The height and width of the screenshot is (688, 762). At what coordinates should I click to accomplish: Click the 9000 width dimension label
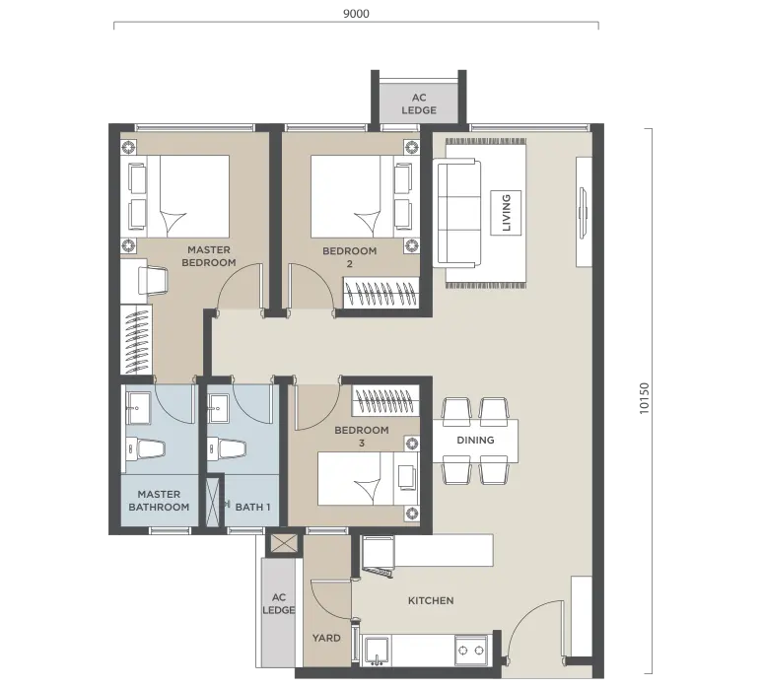pyautogui.click(x=356, y=14)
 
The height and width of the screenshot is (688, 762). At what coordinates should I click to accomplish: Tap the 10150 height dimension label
pyautogui.click(x=644, y=398)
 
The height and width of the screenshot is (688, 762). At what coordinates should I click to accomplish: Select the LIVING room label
pyautogui.click(x=506, y=213)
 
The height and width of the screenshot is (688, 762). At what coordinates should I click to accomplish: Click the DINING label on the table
pyautogui.click(x=475, y=441)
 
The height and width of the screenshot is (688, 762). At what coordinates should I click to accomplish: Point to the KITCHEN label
pyautogui.click(x=431, y=600)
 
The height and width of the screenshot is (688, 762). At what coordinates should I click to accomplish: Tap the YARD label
pyautogui.click(x=326, y=638)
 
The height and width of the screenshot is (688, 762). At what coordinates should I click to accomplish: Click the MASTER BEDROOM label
pyautogui.click(x=208, y=256)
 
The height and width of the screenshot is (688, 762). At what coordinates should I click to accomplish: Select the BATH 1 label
pyautogui.click(x=252, y=507)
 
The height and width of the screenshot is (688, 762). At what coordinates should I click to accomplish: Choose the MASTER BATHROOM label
pyautogui.click(x=159, y=501)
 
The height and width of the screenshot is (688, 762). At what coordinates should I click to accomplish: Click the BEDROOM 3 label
pyautogui.click(x=362, y=437)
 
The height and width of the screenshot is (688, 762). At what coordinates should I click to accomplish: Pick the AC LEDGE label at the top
pyautogui.click(x=419, y=103)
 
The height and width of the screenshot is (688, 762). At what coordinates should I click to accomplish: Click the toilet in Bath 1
pyautogui.click(x=227, y=449)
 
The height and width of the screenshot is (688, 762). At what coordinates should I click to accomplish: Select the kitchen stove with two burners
pyautogui.click(x=471, y=650)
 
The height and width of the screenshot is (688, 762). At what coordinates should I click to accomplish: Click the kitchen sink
pyautogui.click(x=377, y=651)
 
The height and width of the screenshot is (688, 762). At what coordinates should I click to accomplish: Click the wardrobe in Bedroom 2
pyautogui.click(x=381, y=293)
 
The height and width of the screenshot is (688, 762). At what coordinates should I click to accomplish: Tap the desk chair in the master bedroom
pyautogui.click(x=153, y=280)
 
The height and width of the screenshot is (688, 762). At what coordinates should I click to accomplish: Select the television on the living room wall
pyautogui.click(x=584, y=212)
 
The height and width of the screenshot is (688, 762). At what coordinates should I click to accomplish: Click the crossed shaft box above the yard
pyautogui.click(x=283, y=544)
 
